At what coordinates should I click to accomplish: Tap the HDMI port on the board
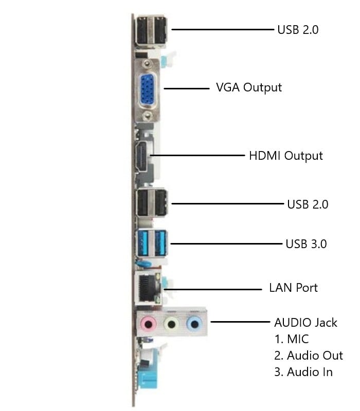140,157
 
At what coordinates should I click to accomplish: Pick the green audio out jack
171,324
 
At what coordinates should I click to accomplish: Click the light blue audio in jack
193,323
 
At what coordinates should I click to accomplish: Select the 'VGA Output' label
248,87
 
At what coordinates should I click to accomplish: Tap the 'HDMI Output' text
285,155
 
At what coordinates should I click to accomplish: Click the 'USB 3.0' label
306,244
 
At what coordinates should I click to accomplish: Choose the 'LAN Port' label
293,287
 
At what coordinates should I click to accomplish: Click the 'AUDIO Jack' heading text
305,323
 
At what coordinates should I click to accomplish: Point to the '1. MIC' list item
291,339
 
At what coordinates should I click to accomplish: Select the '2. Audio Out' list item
308,356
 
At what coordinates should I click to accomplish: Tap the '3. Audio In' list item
303,372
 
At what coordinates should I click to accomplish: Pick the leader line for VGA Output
183,88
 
